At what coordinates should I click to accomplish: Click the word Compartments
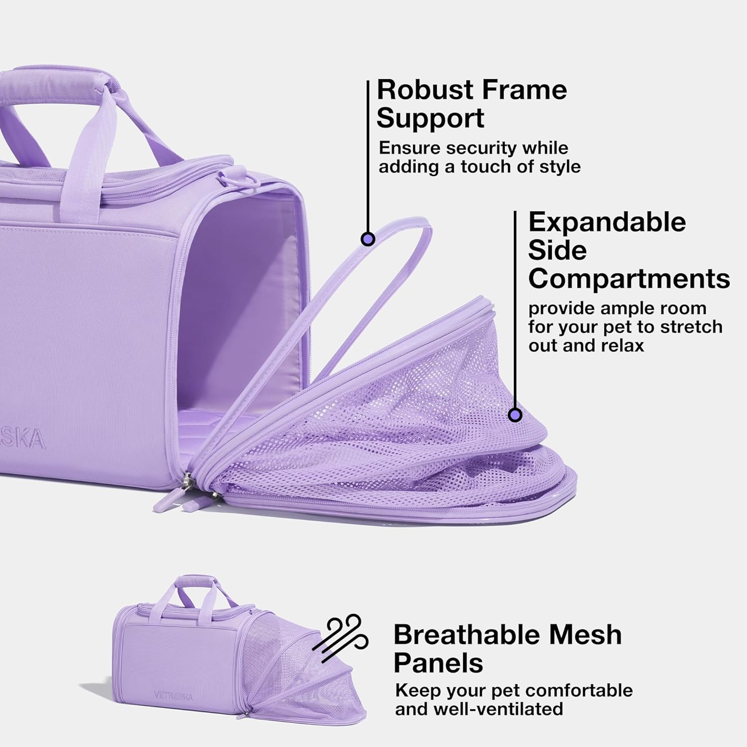click(629, 279)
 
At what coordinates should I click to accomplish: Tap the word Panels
click(439, 663)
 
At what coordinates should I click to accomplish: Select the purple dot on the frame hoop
click(368, 239)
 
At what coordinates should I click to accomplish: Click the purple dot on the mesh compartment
click(515, 414)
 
